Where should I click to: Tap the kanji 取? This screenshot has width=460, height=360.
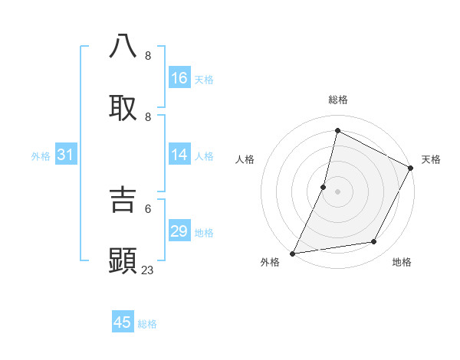click(x=123, y=108)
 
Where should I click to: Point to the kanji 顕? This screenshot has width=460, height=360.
click(x=123, y=261)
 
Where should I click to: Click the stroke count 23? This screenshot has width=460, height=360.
click(x=148, y=270)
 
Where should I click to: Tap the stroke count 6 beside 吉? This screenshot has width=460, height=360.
click(x=148, y=208)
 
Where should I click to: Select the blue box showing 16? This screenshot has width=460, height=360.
click(x=179, y=78)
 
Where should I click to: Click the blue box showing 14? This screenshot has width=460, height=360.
click(x=179, y=155)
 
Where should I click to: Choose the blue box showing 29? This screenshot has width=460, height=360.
click(x=179, y=231)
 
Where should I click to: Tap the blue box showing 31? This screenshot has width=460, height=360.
click(x=66, y=155)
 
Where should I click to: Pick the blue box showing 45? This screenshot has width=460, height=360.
click(x=123, y=322)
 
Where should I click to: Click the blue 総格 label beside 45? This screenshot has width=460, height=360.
click(x=147, y=324)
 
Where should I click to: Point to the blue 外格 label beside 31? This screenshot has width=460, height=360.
click(x=41, y=156)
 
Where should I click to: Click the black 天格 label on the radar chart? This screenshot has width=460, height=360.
click(x=431, y=159)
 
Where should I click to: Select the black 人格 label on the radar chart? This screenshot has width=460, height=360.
click(x=245, y=159)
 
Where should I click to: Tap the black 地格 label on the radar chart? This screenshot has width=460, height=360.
click(x=402, y=262)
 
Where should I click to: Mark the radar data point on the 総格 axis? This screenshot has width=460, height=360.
click(x=337, y=130)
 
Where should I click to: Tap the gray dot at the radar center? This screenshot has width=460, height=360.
click(x=337, y=191)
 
